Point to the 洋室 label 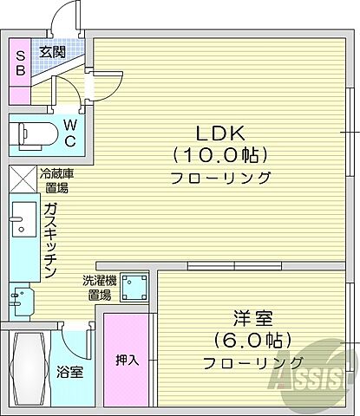(246, 317)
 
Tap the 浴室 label (71, 372)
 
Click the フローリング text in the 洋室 (253, 361)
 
